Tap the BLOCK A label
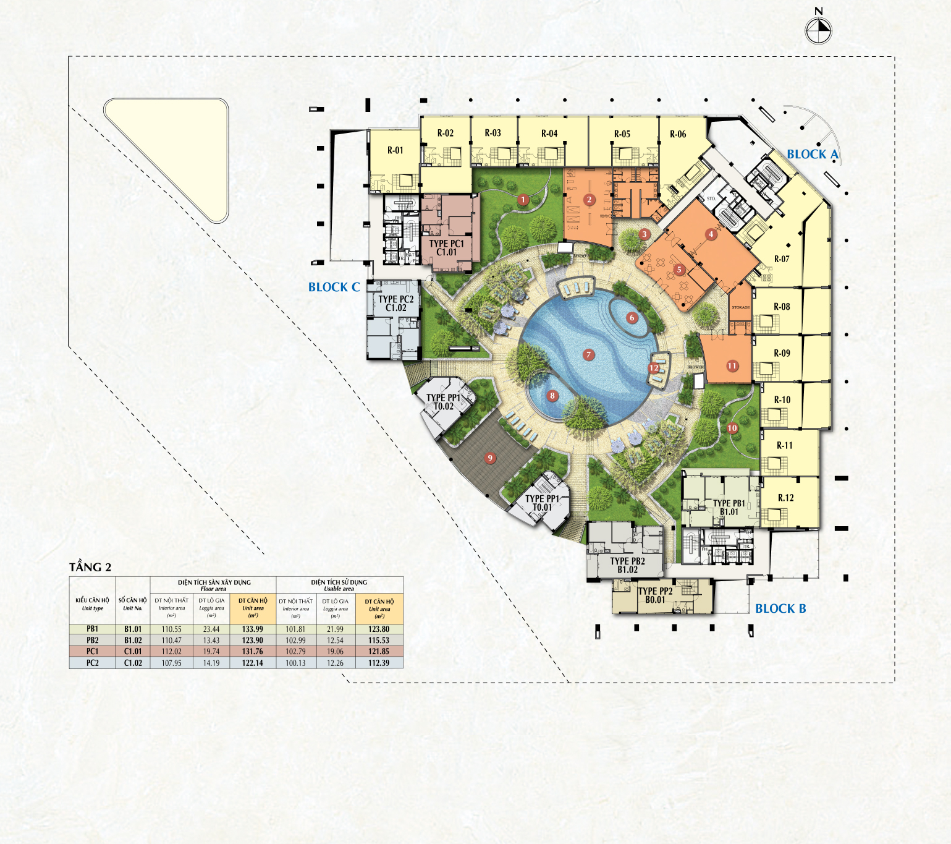(812, 155)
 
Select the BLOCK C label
(334, 288)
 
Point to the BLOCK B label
(780, 609)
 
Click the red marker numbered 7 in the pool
(589, 355)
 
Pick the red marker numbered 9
(490, 458)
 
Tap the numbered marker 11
(732, 366)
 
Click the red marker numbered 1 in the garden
(523, 200)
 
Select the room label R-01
(395, 150)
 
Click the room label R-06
(678, 134)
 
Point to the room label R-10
(782, 400)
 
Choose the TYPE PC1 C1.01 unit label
(446, 248)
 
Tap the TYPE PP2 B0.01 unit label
(655, 595)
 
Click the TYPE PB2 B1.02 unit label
(627, 565)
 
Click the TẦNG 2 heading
(90, 568)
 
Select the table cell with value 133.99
(253, 629)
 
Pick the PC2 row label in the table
(92, 663)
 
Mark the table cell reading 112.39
(379, 663)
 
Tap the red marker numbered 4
(711, 234)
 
